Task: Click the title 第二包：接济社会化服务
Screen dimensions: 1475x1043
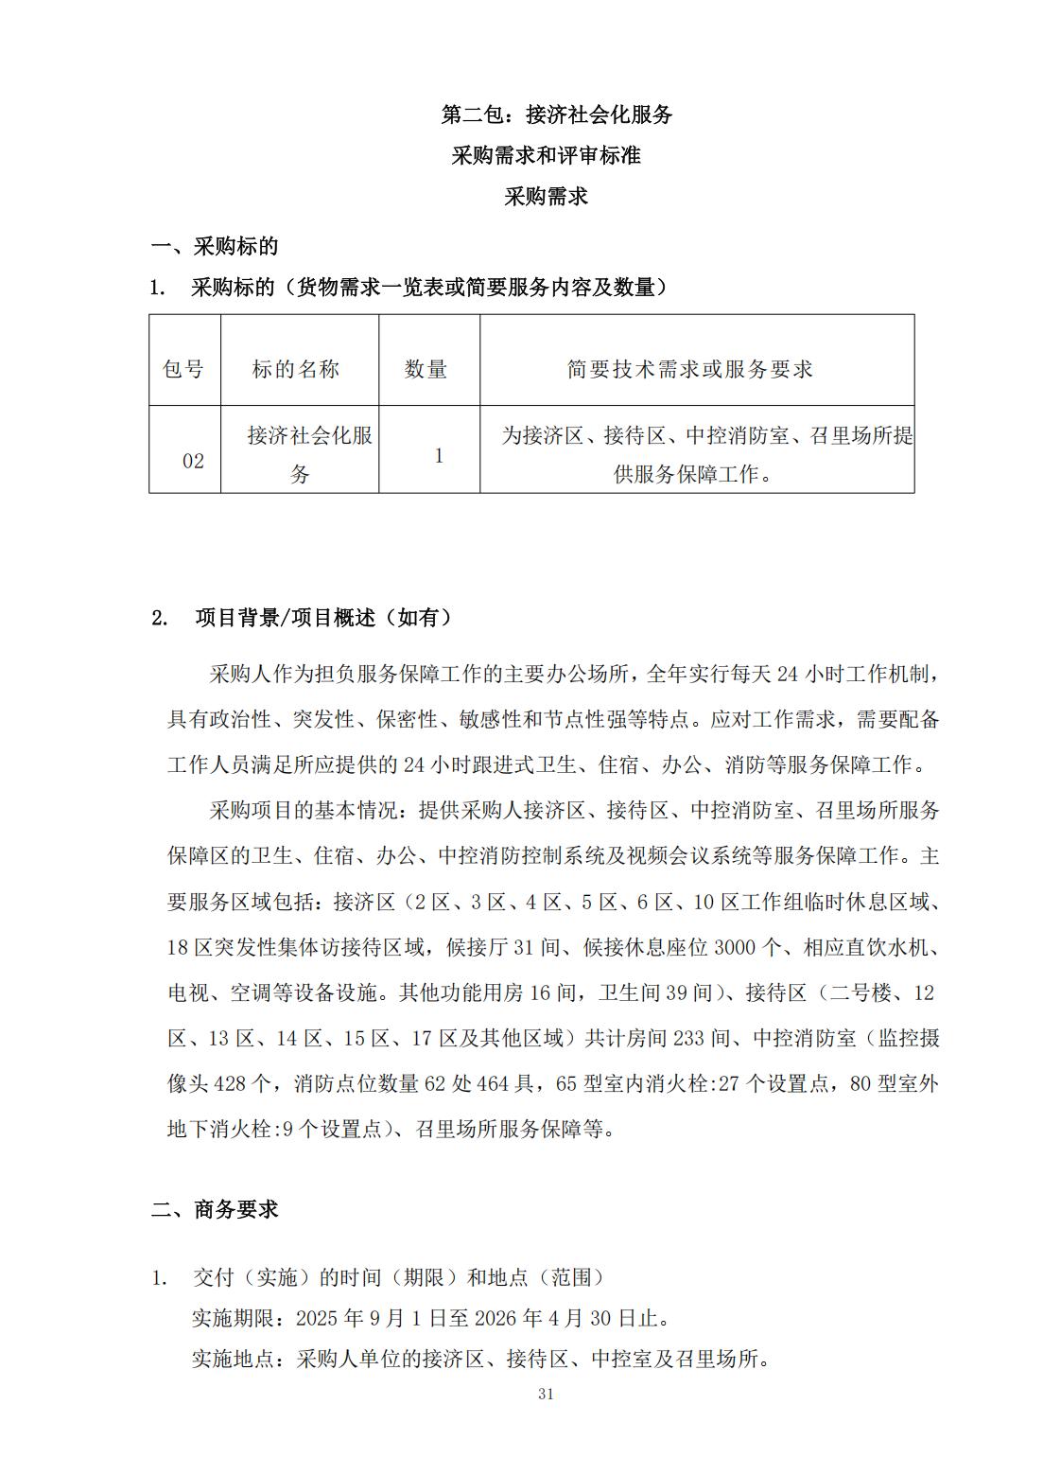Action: click(x=556, y=114)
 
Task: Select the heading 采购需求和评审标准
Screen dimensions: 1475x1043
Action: click(x=546, y=155)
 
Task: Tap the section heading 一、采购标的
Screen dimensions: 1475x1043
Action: click(x=215, y=246)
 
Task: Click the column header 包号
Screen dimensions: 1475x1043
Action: click(x=183, y=369)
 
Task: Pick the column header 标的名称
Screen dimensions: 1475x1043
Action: click(x=296, y=369)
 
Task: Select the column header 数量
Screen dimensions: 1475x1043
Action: click(x=426, y=369)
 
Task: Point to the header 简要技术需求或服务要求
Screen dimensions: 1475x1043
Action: click(x=690, y=369)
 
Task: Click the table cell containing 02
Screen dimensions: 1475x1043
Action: click(x=193, y=461)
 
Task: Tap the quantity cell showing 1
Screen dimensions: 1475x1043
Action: click(x=439, y=455)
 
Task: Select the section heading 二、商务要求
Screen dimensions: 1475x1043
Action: click(x=215, y=1209)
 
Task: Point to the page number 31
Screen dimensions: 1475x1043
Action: click(x=545, y=1394)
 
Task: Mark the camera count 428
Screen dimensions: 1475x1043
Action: click(x=234, y=1083)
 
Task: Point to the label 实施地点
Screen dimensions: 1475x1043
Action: click(x=233, y=1360)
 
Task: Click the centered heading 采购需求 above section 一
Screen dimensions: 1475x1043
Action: click(x=546, y=196)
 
